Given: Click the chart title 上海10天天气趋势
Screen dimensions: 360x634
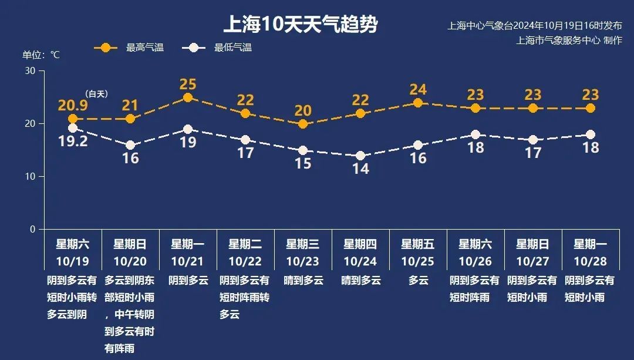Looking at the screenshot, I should (x=300, y=25).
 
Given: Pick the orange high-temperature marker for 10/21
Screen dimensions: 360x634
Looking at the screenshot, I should (x=188, y=98).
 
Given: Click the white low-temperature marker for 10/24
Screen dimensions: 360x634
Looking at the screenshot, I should (x=360, y=156).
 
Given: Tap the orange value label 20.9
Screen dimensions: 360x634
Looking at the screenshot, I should (x=73, y=106).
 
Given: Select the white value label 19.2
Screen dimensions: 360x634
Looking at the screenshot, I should (x=73, y=142).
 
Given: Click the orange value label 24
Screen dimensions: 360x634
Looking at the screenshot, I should (x=418, y=90).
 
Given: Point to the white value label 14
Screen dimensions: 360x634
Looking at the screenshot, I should (x=360, y=169).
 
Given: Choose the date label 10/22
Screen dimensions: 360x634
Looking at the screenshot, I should (x=245, y=261).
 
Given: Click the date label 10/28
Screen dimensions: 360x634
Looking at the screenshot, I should (x=591, y=261).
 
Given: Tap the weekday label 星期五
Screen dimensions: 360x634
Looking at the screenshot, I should (x=418, y=244).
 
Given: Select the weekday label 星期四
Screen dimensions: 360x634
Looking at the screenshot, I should (x=360, y=244).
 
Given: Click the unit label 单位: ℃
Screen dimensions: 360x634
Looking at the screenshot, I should (x=41, y=55).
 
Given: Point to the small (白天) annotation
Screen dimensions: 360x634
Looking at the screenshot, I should (x=97, y=94).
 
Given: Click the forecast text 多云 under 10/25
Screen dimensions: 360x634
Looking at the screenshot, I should (x=418, y=281).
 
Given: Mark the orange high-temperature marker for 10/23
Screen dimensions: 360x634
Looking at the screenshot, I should (x=303, y=125).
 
